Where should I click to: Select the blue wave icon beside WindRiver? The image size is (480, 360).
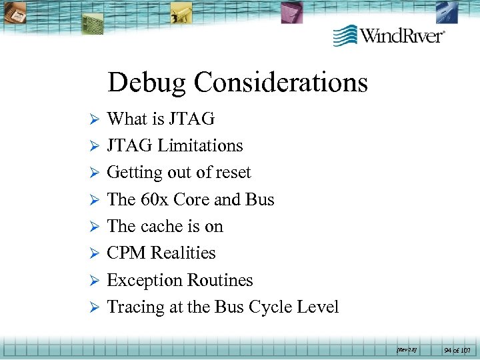[x=345, y=35]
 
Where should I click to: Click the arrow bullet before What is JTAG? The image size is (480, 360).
[x=94, y=119]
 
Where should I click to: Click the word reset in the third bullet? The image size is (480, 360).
[x=233, y=173]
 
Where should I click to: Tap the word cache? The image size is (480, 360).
[x=163, y=227]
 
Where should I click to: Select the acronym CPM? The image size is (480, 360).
[x=127, y=253]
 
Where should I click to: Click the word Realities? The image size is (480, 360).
[x=183, y=253]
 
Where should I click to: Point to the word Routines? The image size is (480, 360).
[x=222, y=280]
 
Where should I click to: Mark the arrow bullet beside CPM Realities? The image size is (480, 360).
[x=94, y=254]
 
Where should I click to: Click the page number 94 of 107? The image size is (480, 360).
[x=457, y=349]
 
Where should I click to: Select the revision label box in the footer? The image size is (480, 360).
[x=406, y=349]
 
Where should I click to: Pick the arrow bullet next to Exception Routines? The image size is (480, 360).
[x=94, y=281]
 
